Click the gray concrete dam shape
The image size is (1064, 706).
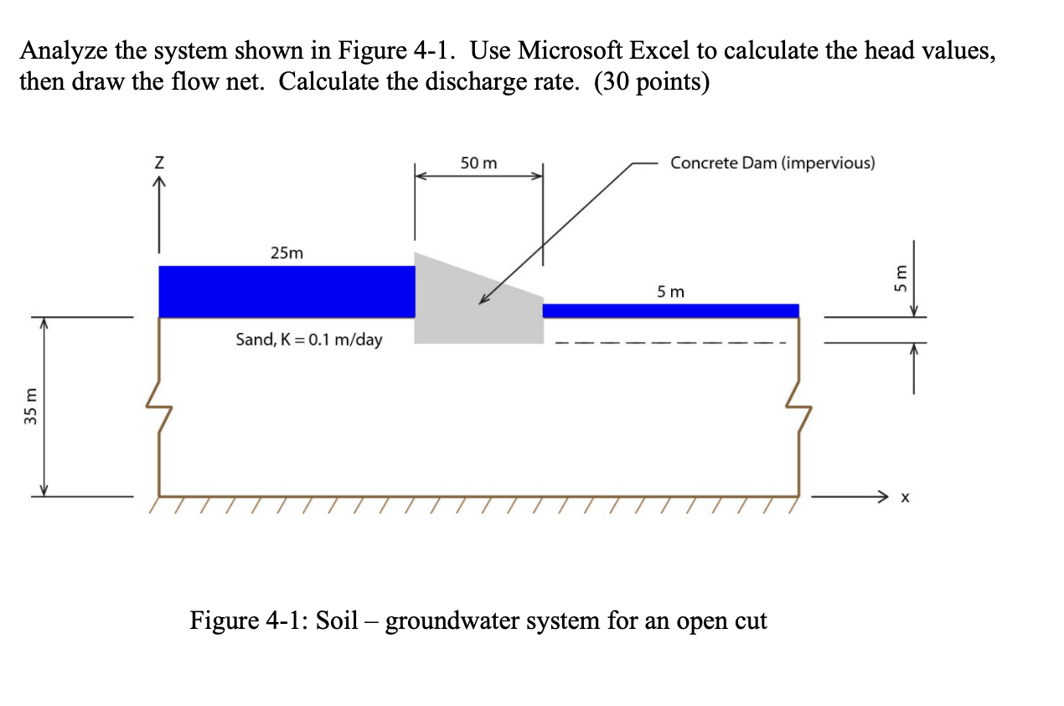(x=469, y=310)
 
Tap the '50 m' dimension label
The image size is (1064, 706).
(x=478, y=164)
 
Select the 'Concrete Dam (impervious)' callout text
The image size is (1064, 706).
(x=772, y=163)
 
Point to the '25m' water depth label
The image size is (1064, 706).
(x=287, y=252)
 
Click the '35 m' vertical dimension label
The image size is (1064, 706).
(x=31, y=407)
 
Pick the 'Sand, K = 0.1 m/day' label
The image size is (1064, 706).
(x=309, y=340)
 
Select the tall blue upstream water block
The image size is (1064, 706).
(x=287, y=291)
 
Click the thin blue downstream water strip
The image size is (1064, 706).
(x=670, y=310)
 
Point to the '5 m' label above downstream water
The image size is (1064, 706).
(x=670, y=292)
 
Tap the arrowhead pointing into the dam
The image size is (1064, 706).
(x=484, y=300)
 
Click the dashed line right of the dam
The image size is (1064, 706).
(x=670, y=342)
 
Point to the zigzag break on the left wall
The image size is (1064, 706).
(x=159, y=407)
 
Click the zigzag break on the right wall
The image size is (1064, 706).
(x=798, y=407)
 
